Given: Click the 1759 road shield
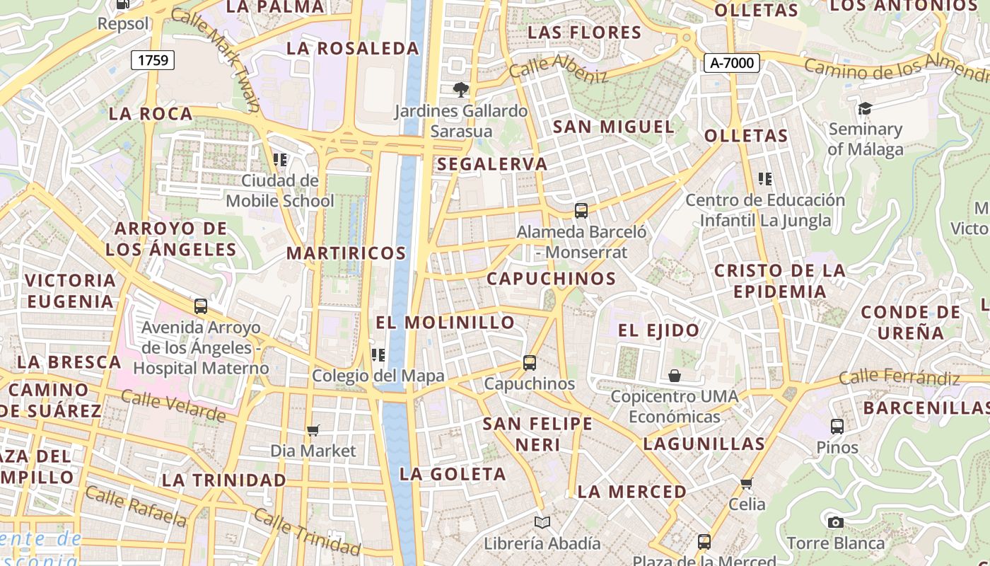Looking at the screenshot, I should pyautogui.click(x=153, y=60).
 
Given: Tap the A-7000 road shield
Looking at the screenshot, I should pyautogui.click(x=732, y=63).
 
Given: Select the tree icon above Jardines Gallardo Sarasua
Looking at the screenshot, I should pyautogui.click(x=461, y=90).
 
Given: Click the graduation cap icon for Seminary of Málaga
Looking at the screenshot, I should pyautogui.click(x=865, y=108).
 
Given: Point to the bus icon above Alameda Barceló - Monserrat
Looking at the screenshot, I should pyautogui.click(x=581, y=210).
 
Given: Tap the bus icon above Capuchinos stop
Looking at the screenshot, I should pyautogui.click(x=530, y=363).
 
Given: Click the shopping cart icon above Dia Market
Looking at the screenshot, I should pyautogui.click(x=313, y=430).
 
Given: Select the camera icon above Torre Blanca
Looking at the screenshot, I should pyautogui.click(x=835, y=522).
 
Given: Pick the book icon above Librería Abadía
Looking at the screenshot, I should pyautogui.click(x=542, y=522).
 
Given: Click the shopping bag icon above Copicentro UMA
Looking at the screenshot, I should pyautogui.click(x=675, y=376).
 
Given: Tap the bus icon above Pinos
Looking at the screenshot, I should pyautogui.click(x=837, y=426).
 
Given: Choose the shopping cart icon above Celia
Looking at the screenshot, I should pyautogui.click(x=747, y=484).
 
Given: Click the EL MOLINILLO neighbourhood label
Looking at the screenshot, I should pyautogui.click(x=445, y=323).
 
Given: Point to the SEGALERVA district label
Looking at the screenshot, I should pyautogui.click(x=492, y=164).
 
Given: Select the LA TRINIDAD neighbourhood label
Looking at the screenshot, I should pyautogui.click(x=224, y=480).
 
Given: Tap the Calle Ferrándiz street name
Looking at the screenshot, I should pyautogui.click(x=898, y=377).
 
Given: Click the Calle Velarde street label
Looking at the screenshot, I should pyautogui.click(x=173, y=405).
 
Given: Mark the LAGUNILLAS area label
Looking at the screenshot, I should pyautogui.click(x=704, y=444).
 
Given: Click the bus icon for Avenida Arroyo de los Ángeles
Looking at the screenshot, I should pyautogui.click(x=201, y=306).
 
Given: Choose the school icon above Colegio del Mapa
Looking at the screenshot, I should pyautogui.click(x=378, y=354).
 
